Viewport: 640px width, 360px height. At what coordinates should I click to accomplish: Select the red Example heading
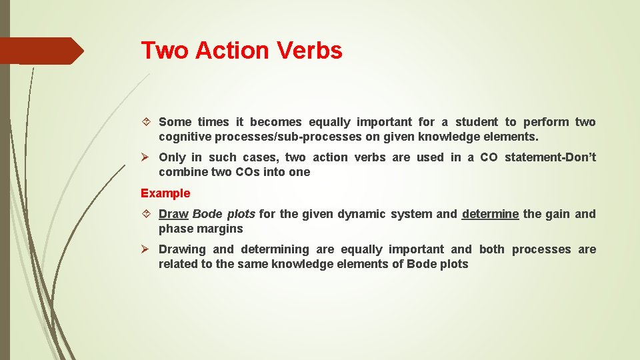(165, 193)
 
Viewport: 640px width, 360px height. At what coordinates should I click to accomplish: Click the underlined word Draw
(173, 214)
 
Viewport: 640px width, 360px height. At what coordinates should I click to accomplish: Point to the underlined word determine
(490, 214)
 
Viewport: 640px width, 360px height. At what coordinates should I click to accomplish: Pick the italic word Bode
(207, 214)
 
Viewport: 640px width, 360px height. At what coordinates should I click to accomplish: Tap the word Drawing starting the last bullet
(182, 249)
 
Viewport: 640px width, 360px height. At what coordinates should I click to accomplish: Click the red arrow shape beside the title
(42, 51)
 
